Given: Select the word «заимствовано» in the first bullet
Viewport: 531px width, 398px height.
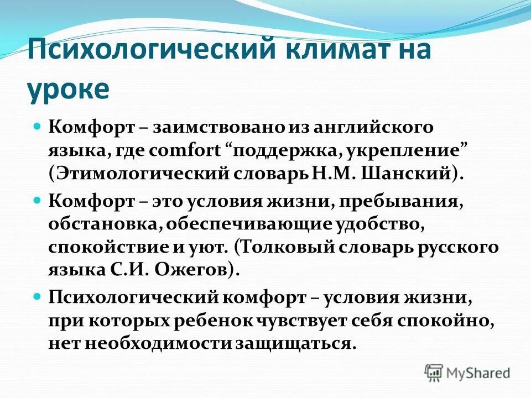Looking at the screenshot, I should (218, 127).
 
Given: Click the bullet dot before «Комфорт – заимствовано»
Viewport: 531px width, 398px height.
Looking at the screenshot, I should (38, 127).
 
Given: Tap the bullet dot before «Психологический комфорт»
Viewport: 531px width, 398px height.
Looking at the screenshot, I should (38, 297).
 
